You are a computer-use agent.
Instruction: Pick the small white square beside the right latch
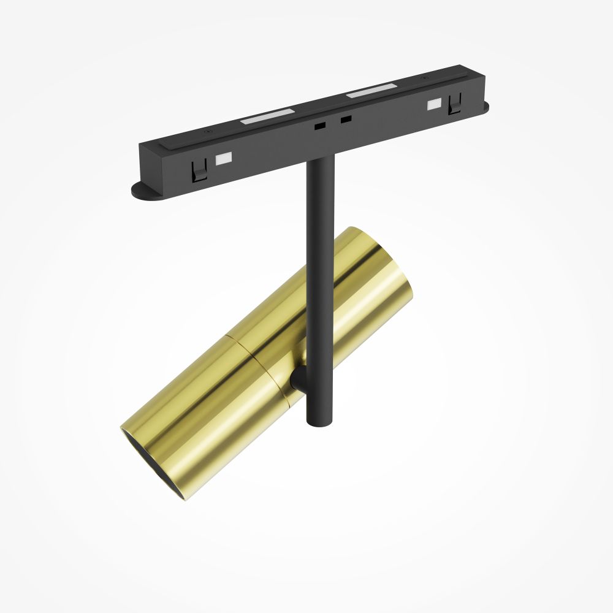coord(435,104)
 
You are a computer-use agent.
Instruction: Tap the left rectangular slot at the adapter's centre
coord(319,124)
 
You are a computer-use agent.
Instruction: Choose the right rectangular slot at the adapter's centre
coord(346,118)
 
